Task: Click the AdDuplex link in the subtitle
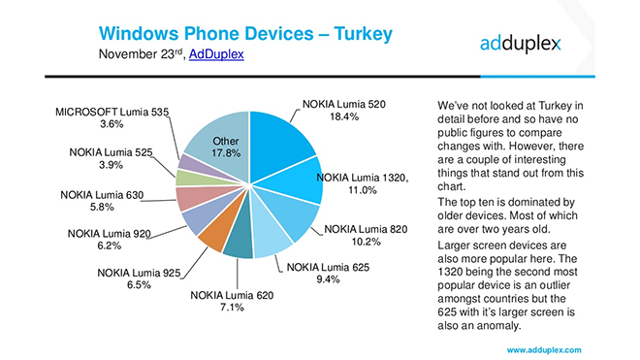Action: [214, 55]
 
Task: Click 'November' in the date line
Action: [132, 55]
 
